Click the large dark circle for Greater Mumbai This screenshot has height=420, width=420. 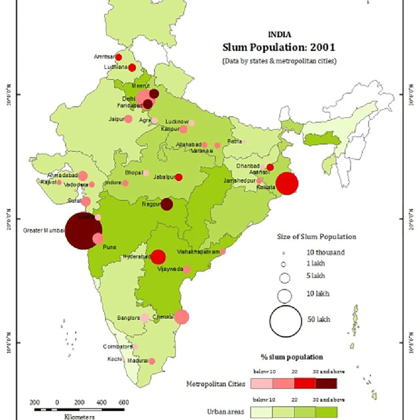[83, 231]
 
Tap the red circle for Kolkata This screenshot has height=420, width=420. [287, 183]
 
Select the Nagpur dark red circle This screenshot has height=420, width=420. [167, 204]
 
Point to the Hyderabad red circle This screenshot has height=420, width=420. [158, 257]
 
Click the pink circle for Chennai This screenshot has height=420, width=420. [182, 317]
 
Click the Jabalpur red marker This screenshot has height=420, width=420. [178, 177]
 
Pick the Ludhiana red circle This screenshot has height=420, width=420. [132, 68]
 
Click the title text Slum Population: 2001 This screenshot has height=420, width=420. [279, 47]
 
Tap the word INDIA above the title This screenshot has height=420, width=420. [279, 34]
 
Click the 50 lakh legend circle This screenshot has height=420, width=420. [286, 321]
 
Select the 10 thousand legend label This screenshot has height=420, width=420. [325, 252]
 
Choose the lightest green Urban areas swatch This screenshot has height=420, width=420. [261, 411]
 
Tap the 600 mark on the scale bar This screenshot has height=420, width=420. [124, 402]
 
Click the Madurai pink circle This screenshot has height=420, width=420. [152, 361]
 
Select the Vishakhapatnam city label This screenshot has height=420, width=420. [198, 252]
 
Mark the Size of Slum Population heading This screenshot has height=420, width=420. [316, 237]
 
